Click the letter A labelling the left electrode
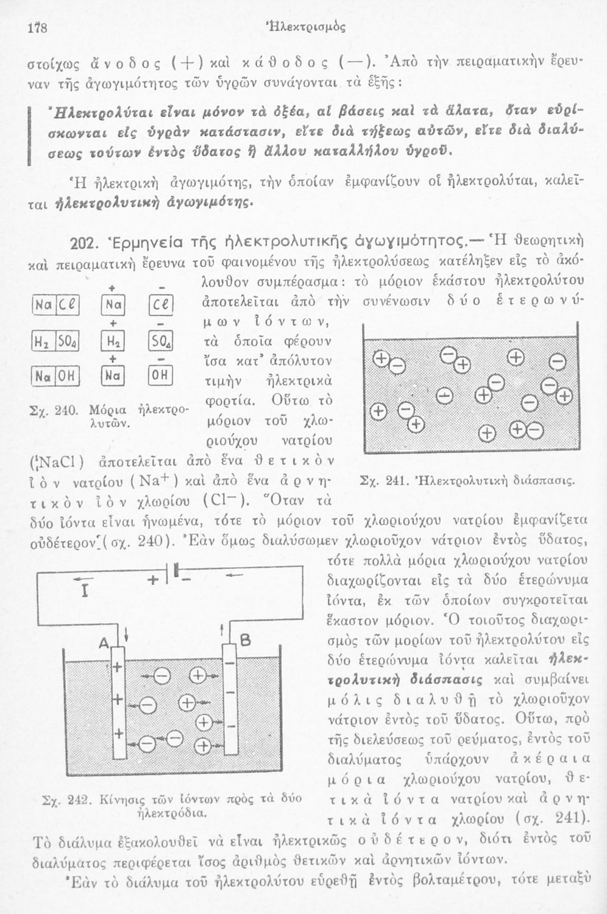105,642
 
